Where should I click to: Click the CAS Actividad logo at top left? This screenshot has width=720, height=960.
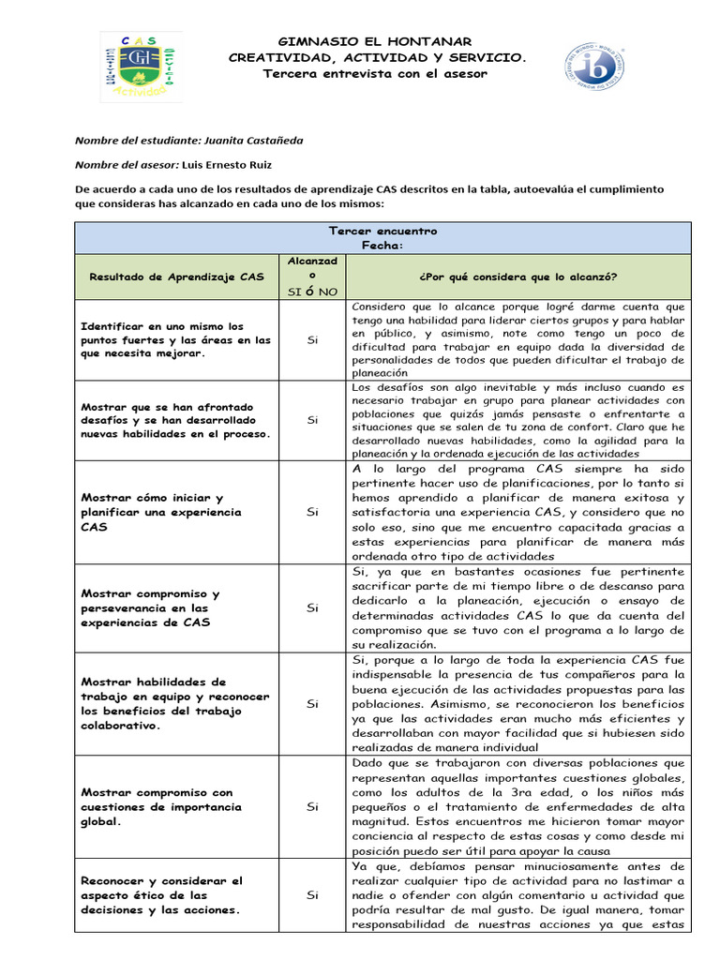[x=141, y=67]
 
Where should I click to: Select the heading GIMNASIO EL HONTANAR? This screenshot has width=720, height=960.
[x=378, y=41]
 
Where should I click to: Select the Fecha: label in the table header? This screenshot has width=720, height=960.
[x=382, y=246]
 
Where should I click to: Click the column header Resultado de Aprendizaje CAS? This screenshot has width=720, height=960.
[x=176, y=277]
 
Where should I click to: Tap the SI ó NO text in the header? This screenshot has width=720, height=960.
[x=312, y=292]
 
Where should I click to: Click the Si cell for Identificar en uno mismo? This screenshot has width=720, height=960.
[x=312, y=339]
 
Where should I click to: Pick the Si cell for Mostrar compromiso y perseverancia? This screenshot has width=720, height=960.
[x=312, y=607]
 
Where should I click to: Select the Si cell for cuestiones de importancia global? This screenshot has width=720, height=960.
[x=312, y=806]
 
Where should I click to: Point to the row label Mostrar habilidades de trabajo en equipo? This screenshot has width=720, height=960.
[x=175, y=703]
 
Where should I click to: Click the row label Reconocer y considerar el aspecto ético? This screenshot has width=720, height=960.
[x=161, y=895]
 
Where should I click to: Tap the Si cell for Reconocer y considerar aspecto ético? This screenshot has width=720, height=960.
[x=312, y=895]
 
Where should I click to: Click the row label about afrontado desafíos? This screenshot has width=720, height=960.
[x=175, y=420]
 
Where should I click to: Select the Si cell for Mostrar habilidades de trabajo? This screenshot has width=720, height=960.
[x=312, y=703]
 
